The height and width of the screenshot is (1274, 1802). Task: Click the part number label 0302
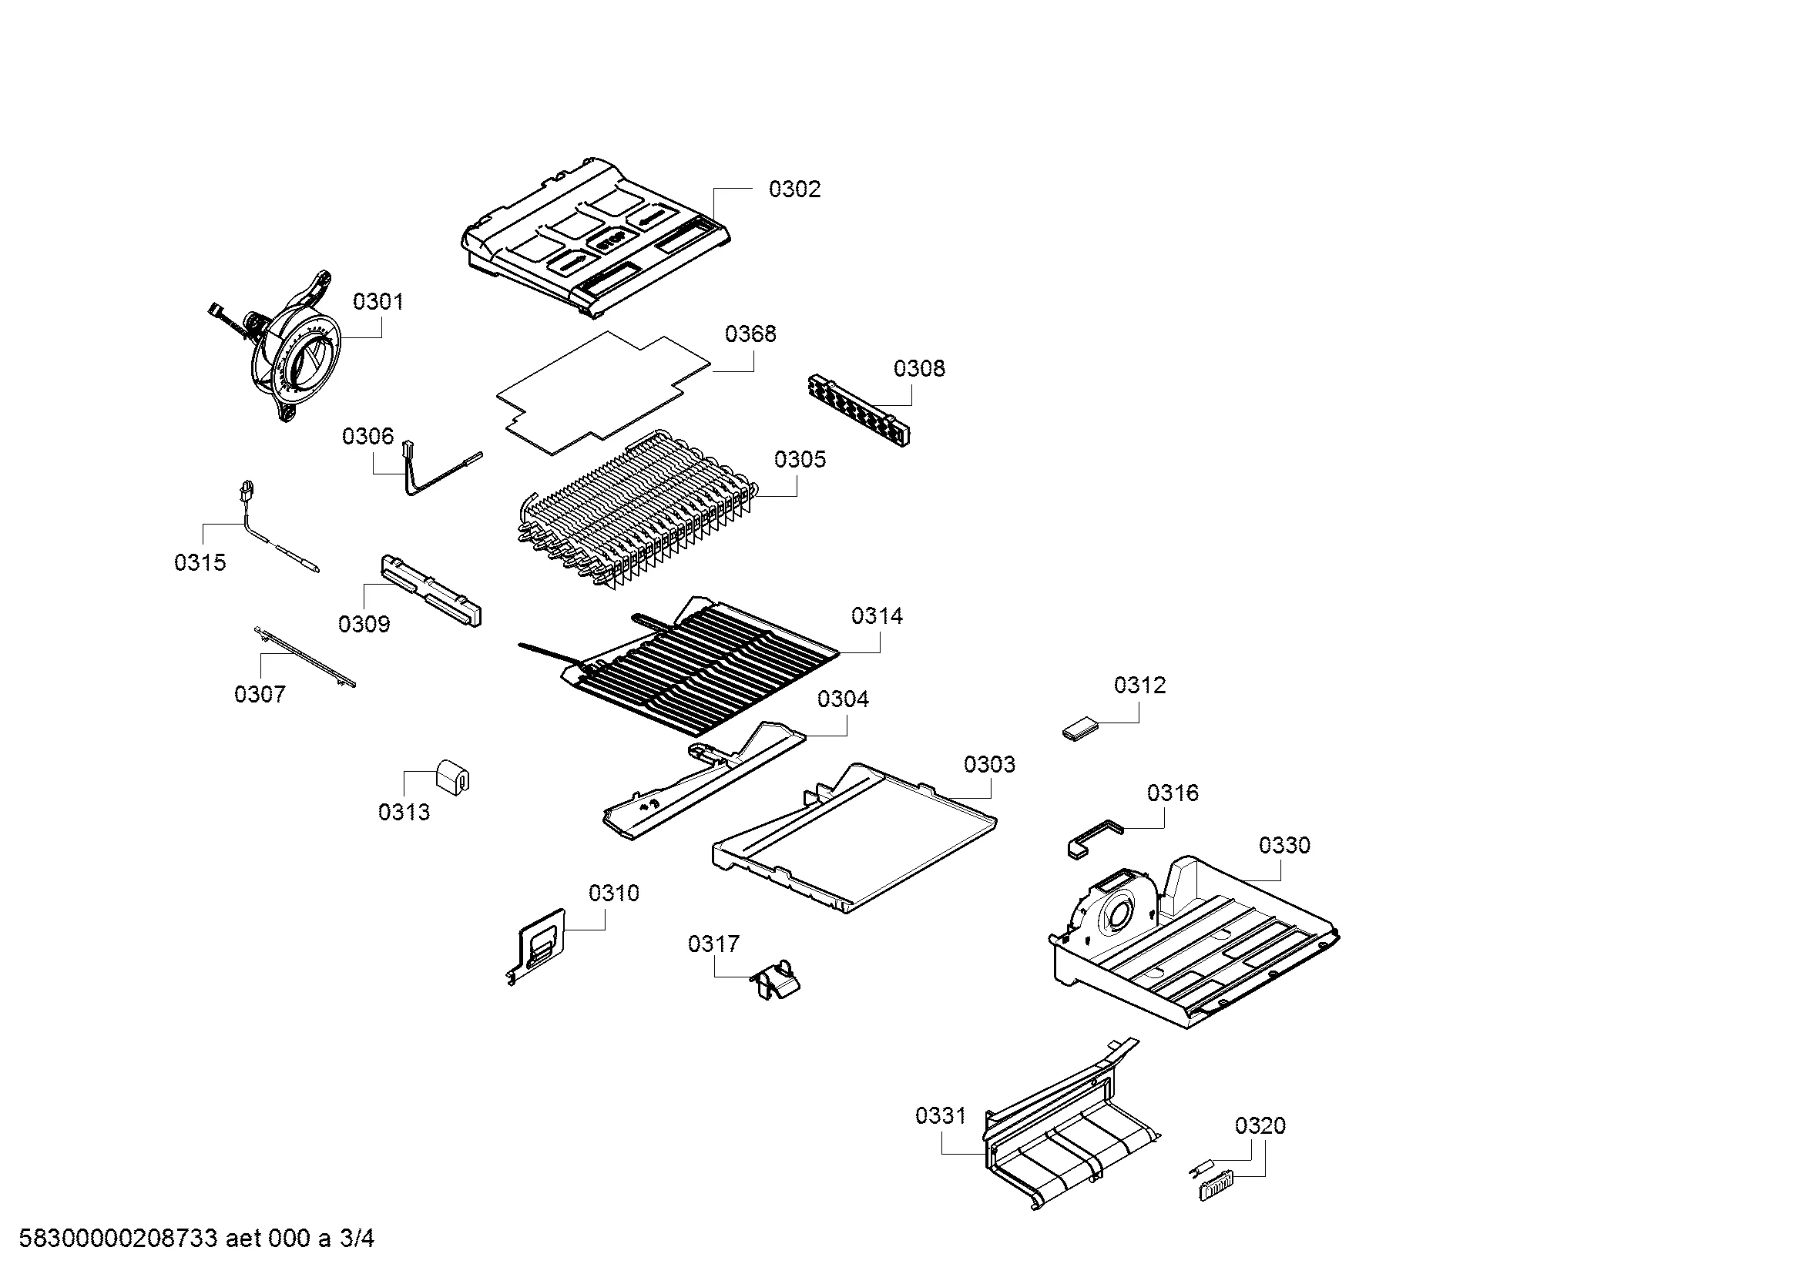(794, 189)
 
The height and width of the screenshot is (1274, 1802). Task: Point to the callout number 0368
(750, 334)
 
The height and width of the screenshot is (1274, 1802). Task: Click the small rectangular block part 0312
(1078, 729)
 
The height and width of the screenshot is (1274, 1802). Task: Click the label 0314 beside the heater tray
(877, 616)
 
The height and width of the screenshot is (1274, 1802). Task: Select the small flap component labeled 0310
(537, 944)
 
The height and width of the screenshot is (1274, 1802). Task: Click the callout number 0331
(940, 1115)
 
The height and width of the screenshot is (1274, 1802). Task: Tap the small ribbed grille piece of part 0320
(1215, 1185)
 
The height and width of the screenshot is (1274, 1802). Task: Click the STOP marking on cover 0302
(610, 242)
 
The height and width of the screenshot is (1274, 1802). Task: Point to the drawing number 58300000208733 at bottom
(118, 1239)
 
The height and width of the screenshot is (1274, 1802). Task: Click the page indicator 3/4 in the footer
(357, 1239)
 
